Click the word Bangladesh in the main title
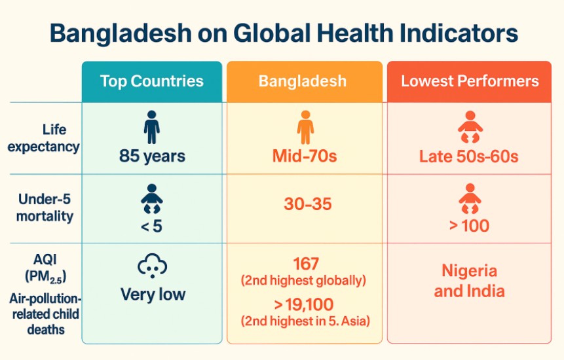click(121, 33)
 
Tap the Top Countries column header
click(152, 81)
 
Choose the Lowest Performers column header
click(470, 81)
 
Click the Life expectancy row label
click(43, 138)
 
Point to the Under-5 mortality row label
click(45, 207)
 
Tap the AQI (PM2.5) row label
click(45, 268)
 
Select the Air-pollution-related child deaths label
click(45, 314)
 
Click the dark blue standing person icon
click(152, 127)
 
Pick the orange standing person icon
click(305, 127)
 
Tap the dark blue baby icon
click(152, 199)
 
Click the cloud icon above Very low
click(152, 266)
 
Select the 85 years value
click(152, 156)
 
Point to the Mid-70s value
click(305, 156)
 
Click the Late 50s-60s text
click(468, 156)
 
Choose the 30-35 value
click(307, 204)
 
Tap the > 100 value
click(470, 226)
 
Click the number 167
click(306, 264)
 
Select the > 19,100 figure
click(304, 304)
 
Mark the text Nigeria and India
click(470, 281)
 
